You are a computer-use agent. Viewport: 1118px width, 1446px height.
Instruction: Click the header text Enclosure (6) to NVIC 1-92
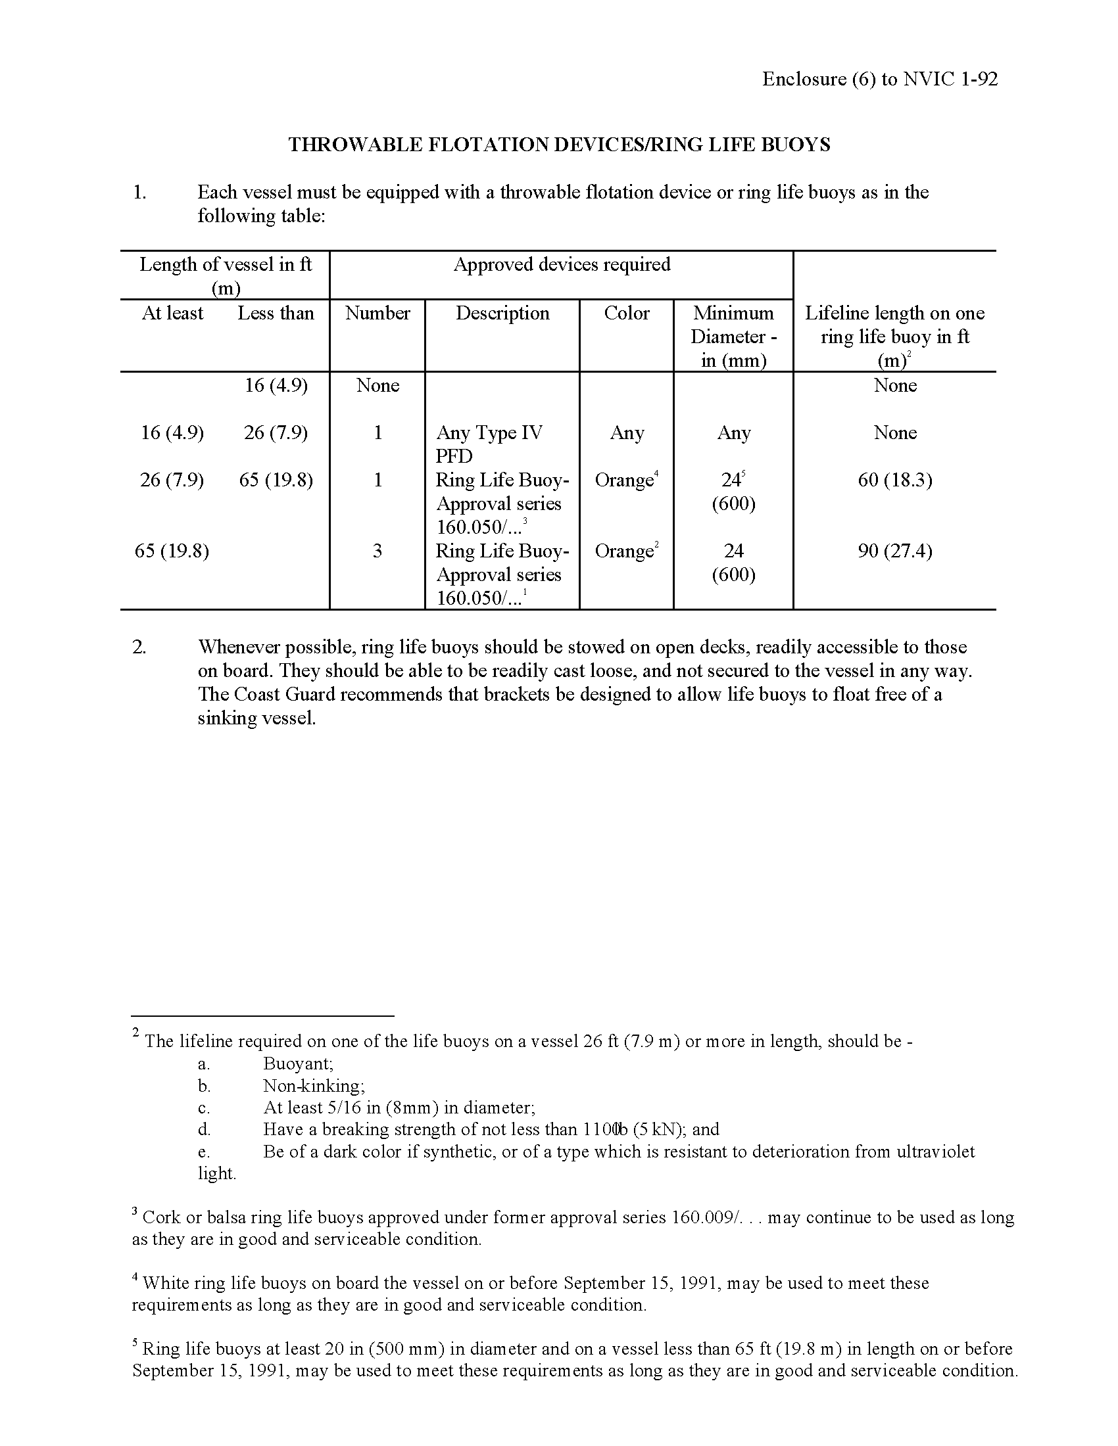tap(879, 79)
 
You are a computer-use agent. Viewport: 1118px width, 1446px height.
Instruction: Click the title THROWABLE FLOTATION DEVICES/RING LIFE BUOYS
tap(559, 145)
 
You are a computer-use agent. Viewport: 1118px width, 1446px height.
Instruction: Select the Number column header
tap(377, 313)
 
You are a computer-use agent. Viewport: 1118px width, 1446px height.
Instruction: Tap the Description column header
tap(502, 313)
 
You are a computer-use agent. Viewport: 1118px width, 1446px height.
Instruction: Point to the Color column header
tap(627, 313)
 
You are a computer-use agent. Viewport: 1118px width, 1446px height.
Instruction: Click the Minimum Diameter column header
tap(733, 336)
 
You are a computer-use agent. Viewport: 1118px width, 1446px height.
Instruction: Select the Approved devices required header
tap(562, 265)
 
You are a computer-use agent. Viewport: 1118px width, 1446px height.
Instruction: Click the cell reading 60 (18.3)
tap(895, 480)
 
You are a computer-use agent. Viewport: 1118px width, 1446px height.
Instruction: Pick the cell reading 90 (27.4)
tap(895, 551)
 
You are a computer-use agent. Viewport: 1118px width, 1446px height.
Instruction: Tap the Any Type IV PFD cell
tap(489, 444)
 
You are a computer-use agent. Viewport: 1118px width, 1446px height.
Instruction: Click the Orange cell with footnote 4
tap(625, 480)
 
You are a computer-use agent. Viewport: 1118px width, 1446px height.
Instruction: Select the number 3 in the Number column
tap(377, 551)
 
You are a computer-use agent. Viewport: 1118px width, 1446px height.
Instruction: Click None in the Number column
tap(377, 385)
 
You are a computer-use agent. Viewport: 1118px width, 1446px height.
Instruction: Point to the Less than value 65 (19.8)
tap(276, 480)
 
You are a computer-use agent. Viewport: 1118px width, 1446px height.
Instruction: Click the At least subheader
tap(172, 313)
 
